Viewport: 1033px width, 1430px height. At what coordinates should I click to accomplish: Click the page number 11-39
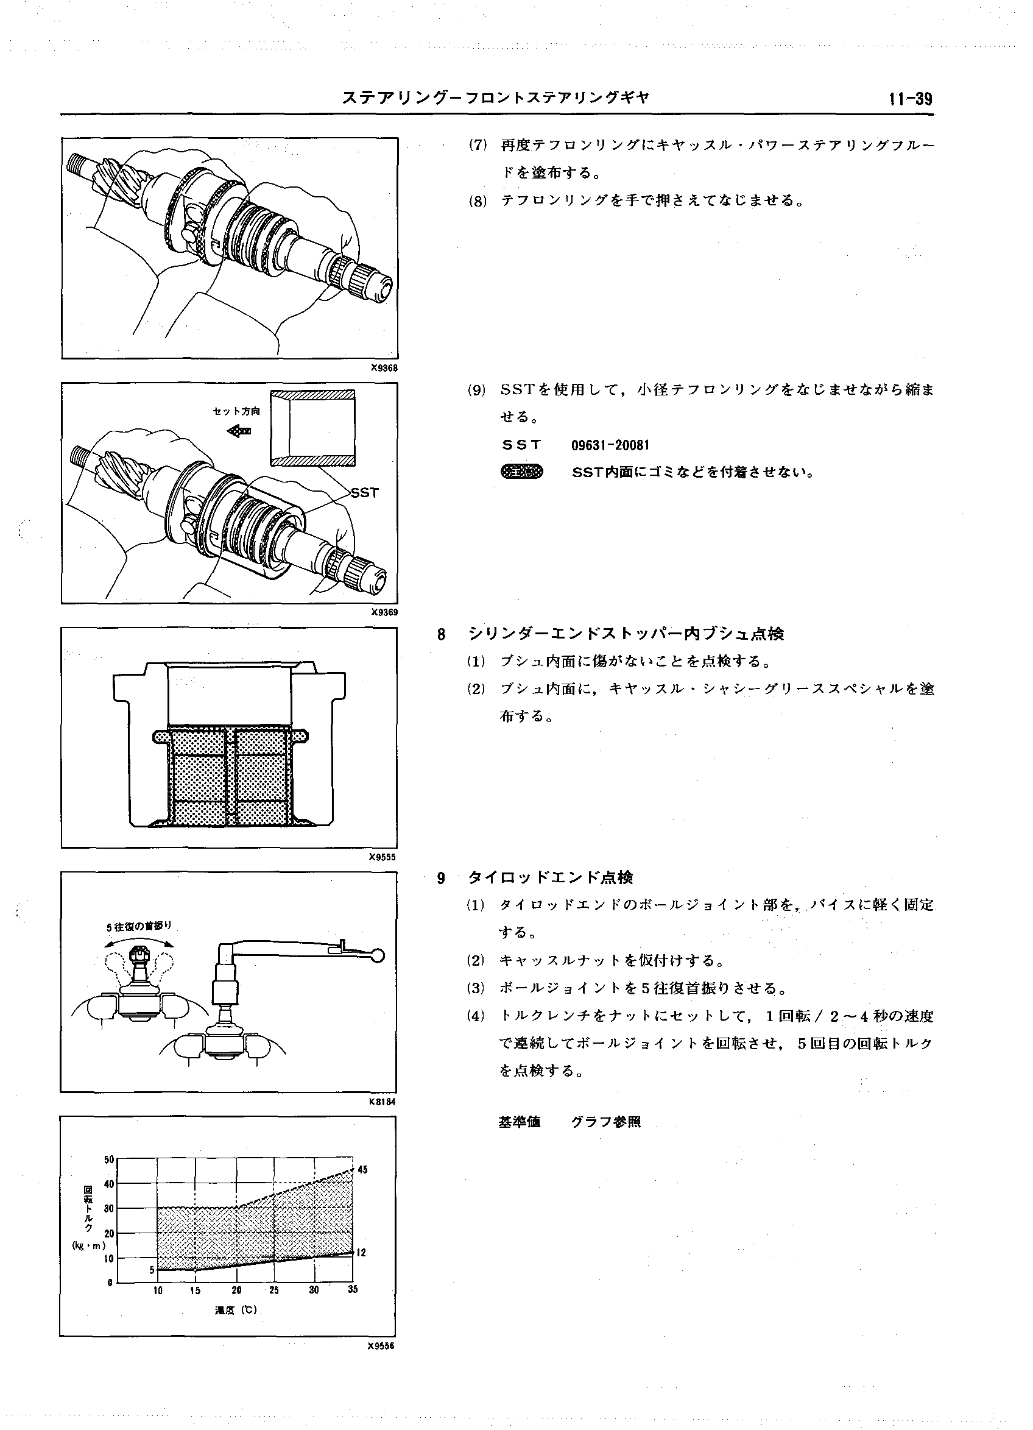pos(910,99)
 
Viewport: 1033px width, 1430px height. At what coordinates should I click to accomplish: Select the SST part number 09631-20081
pos(610,445)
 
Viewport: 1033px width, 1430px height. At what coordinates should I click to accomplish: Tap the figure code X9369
pos(384,612)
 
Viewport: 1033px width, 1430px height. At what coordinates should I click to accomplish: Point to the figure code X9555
pos(383,857)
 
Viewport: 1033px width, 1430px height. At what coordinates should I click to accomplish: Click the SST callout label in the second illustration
pos(364,492)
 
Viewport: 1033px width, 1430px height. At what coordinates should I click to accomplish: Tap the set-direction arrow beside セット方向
pos(238,431)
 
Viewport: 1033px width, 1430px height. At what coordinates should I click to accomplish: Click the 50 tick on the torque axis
pos(108,1159)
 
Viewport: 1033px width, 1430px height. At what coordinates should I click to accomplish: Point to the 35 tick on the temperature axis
pos(352,1289)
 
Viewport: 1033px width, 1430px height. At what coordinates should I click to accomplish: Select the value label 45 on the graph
pos(362,1170)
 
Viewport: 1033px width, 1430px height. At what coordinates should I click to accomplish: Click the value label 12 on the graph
pos(361,1253)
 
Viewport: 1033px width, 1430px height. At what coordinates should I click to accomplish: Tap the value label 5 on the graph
pos(152,1270)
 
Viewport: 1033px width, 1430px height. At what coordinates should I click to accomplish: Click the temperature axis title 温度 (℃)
pos(236,1310)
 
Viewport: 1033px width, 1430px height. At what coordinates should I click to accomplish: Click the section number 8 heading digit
pos(441,634)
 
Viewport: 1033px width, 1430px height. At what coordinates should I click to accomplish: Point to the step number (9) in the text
pos(477,390)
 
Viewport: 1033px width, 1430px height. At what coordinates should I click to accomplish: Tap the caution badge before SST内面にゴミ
pos(521,472)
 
